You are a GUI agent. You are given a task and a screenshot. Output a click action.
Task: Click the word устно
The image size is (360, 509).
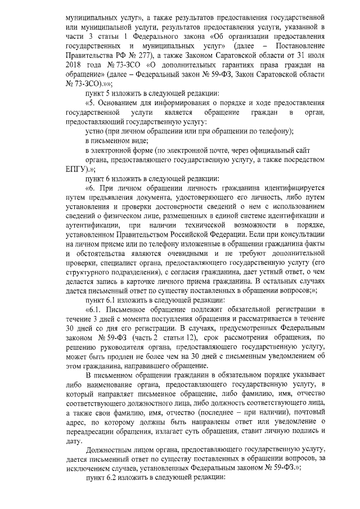94,131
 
